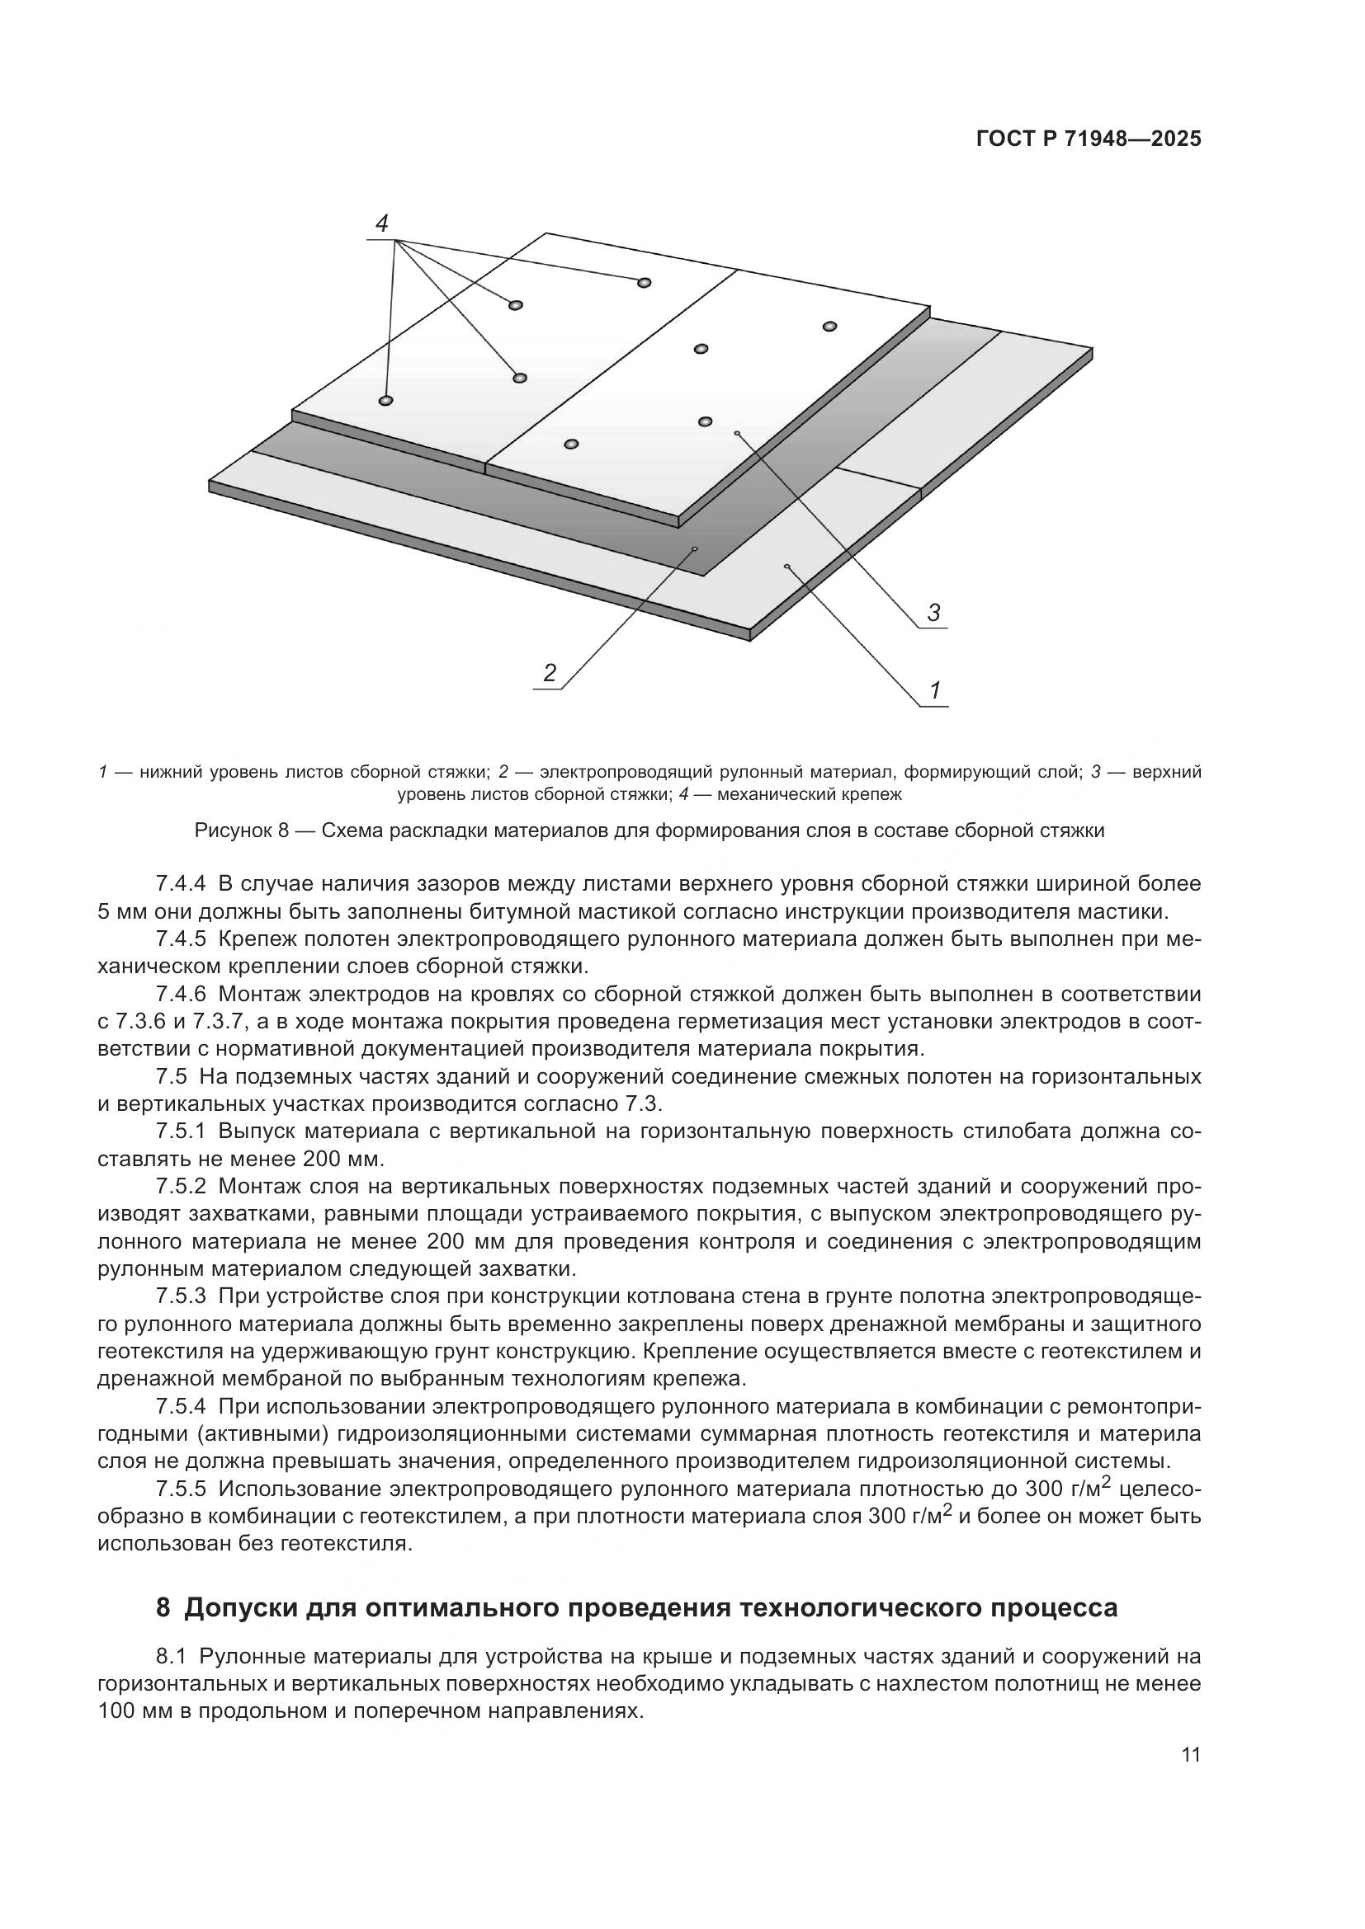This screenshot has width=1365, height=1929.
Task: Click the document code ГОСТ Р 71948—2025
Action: [x=1088, y=139]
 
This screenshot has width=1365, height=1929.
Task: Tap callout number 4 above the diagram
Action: [x=381, y=223]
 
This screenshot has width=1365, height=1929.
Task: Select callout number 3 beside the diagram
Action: [x=933, y=613]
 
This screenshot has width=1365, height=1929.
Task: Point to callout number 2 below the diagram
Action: [x=549, y=673]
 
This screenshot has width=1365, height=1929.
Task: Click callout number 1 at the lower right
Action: [x=934, y=690]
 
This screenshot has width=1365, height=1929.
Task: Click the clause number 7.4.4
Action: [x=181, y=884]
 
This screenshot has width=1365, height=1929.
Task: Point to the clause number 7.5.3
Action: [x=181, y=1296]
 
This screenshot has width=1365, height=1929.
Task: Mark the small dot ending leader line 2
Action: [x=694, y=549]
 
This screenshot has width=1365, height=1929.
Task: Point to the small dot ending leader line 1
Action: [x=786, y=567]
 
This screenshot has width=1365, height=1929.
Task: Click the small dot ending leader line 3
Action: [x=736, y=433]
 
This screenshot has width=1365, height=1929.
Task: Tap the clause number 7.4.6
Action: [x=181, y=994]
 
